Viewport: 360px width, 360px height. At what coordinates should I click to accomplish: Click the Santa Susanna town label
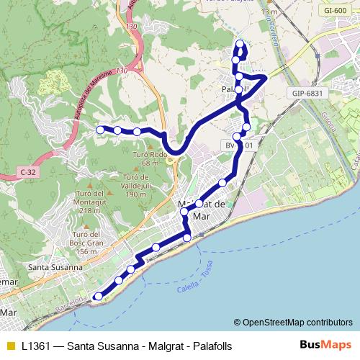point(53,268)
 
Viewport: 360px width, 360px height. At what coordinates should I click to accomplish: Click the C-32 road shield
point(28,172)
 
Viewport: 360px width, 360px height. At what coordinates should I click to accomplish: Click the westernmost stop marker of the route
point(100,130)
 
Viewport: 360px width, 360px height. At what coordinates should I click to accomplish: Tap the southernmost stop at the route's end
point(99,296)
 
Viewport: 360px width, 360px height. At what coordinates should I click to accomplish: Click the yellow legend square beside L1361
point(9,346)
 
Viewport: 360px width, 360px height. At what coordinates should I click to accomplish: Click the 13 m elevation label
point(269,12)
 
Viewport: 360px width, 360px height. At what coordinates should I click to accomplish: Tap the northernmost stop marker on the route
point(240,44)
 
